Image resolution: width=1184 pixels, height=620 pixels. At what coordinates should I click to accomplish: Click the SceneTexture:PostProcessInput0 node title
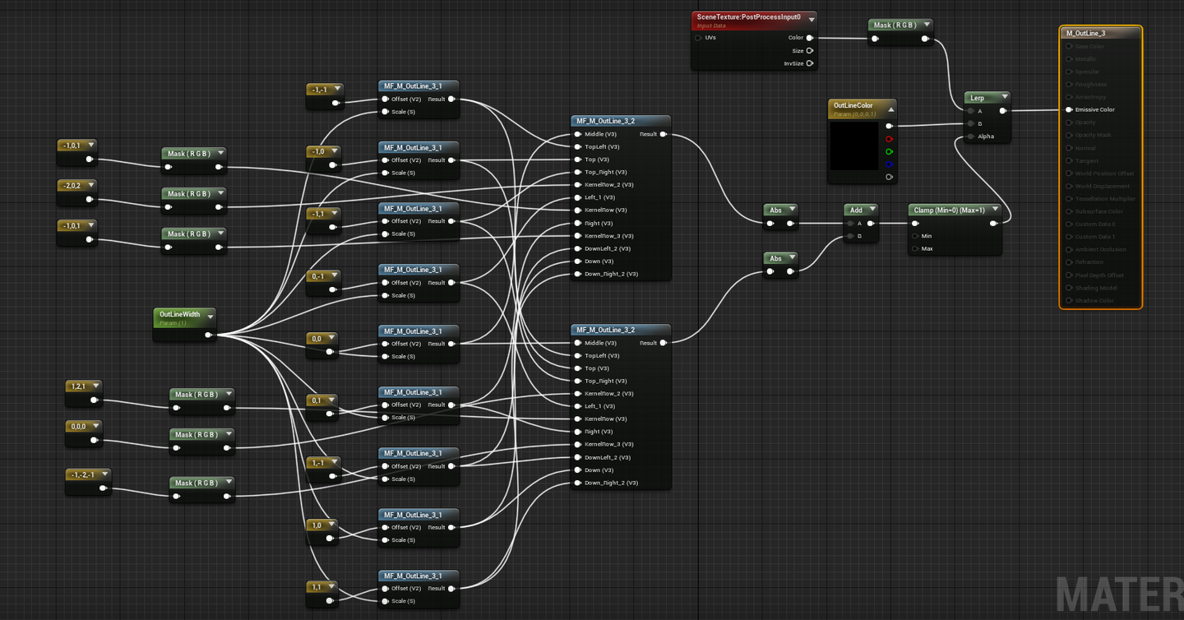[x=748, y=17]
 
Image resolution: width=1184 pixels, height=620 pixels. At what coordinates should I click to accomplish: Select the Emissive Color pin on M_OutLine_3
[x=1069, y=109]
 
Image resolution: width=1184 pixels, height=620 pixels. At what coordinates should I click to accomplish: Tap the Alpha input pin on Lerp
[x=971, y=136]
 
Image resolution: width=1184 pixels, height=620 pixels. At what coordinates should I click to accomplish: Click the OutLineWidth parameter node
[x=180, y=315]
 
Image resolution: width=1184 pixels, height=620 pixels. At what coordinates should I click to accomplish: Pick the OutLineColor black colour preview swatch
[x=854, y=146]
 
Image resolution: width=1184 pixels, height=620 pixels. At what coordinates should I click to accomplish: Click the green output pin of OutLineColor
[x=889, y=151]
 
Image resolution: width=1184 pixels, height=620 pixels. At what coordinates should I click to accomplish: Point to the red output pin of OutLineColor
[x=889, y=139]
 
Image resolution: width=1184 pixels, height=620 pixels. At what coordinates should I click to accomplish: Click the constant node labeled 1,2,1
[x=79, y=386]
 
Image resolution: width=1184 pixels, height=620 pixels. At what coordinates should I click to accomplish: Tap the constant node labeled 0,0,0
[x=79, y=427]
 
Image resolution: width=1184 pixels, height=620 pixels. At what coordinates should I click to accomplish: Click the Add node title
[x=856, y=211]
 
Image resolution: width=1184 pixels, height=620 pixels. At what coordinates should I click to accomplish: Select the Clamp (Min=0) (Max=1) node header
[x=950, y=211]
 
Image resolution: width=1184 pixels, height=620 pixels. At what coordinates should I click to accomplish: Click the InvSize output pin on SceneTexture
[x=810, y=63]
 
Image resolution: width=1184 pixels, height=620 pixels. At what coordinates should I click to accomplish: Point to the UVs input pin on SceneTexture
[x=699, y=38]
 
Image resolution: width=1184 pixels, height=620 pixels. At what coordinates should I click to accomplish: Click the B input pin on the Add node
[x=851, y=236]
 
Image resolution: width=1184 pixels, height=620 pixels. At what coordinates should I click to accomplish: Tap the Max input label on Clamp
[x=927, y=248]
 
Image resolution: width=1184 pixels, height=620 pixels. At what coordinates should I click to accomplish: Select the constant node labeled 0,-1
[x=318, y=276]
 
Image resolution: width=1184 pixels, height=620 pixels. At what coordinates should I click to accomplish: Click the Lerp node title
[x=978, y=98]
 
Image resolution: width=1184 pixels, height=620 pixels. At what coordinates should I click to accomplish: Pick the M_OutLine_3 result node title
[x=1086, y=34]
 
